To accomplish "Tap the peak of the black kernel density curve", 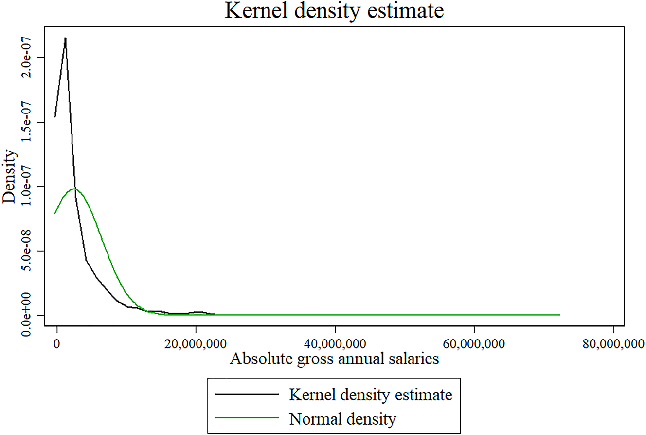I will [x=65, y=38].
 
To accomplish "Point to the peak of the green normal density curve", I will [x=74, y=189].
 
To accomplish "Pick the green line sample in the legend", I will [x=246, y=417].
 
